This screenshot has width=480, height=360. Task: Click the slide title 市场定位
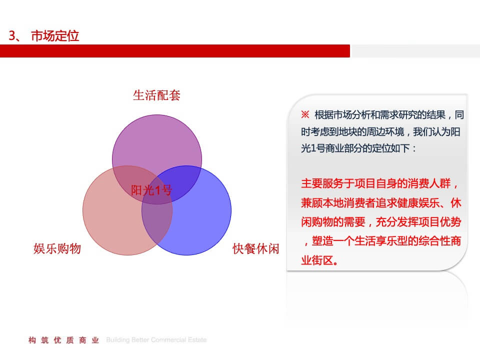(55, 36)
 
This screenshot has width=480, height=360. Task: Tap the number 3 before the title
(12, 36)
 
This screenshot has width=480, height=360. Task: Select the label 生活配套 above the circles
(156, 95)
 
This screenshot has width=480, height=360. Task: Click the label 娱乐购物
(57, 248)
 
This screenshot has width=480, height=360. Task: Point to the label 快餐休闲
(256, 248)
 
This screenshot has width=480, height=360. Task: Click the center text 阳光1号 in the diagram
(151, 190)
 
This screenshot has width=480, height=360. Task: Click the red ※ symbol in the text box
(305, 114)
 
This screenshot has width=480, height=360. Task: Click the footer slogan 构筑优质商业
(64, 340)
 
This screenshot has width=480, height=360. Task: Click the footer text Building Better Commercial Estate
(156, 340)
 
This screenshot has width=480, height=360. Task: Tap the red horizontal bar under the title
(175, 51)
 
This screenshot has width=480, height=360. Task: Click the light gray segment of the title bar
(415, 51)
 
